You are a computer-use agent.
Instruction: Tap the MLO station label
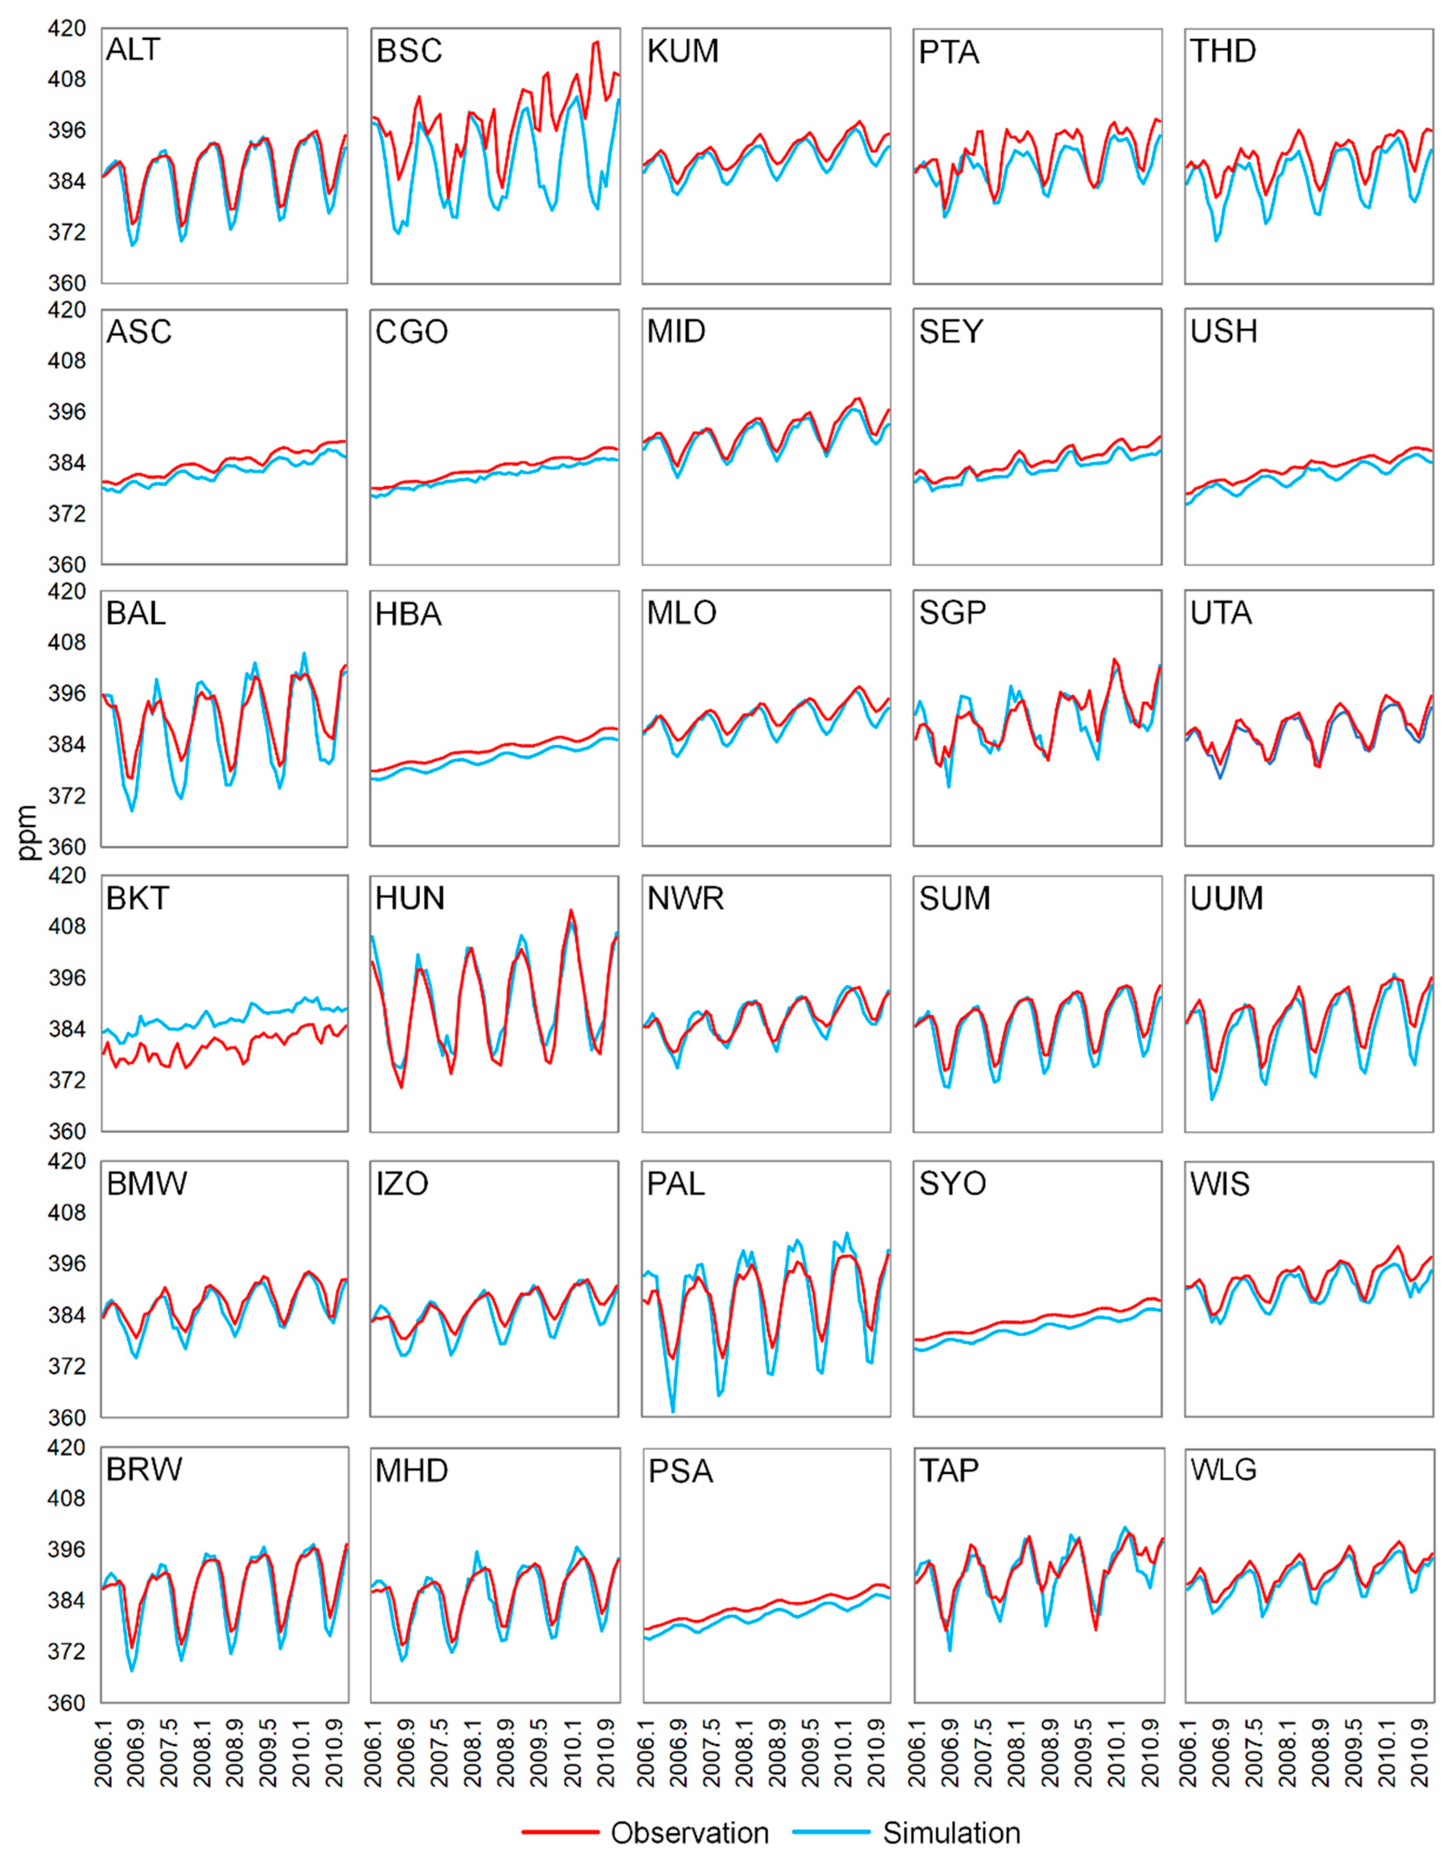[x=682, y=613]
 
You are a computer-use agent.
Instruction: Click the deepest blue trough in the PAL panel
[x=673, y=1412]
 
